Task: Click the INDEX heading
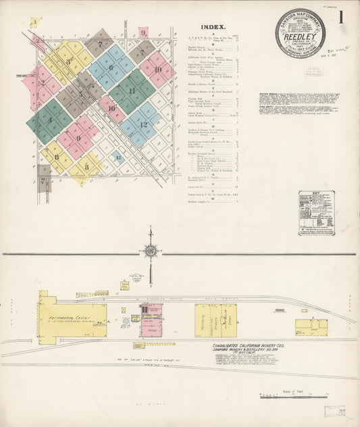point(213,28)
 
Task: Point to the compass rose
point(151,251)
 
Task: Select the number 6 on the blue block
point(110,68)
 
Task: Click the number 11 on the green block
point(132,91)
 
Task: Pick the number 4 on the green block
point(49,122)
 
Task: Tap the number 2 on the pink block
point(43,84)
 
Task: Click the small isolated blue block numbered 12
point(118,159)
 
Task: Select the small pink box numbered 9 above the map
point(143,32)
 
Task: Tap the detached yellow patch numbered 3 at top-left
point(35,22)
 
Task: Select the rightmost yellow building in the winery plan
point(311,327)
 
